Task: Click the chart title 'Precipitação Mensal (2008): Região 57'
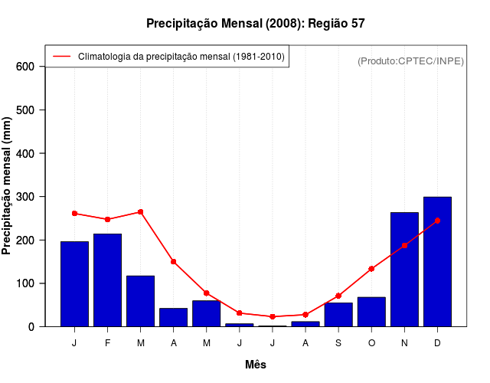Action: (x=256, y=24)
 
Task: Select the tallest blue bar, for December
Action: (x=437, y=262)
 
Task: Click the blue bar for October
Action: (x=371, y=312)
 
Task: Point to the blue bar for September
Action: (x=338, y=315)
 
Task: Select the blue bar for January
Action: (x=74, y=284)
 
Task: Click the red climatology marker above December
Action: (x=437, y=221)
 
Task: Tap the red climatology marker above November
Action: (x=404, y=245)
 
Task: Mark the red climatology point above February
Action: (x=107, y=219)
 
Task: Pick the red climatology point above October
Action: (x=371, y=269)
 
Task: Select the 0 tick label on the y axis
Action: (x=31, y=327)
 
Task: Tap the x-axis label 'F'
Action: (x=107, y=343)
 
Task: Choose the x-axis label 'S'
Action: (x=338, y=343)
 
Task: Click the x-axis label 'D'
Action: (x=437, y=343)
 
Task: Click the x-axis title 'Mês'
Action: (x=256, y=365)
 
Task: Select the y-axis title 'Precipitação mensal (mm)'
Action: (x=8, y=185)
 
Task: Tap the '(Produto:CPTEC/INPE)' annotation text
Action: (x=410, y=61)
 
